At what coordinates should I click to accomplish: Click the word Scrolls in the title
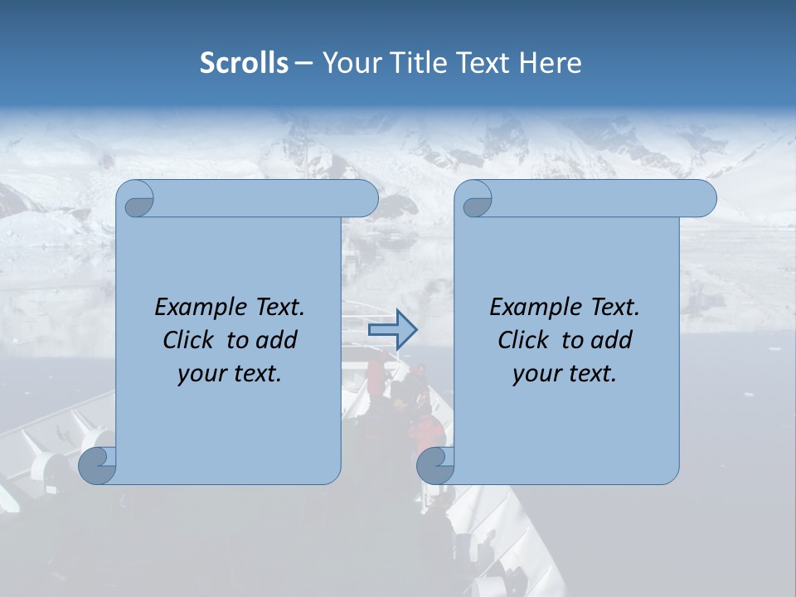[244, 63]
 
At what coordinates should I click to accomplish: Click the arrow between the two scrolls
[392, 330]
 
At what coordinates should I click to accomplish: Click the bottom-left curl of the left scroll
[97, 465]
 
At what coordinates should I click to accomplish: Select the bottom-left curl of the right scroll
[435, 465]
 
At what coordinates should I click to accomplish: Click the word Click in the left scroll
[191, 340]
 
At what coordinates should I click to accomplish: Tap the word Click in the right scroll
[526, 340]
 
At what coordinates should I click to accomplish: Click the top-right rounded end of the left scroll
[365, 199]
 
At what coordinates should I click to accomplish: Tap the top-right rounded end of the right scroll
[703, 199]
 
